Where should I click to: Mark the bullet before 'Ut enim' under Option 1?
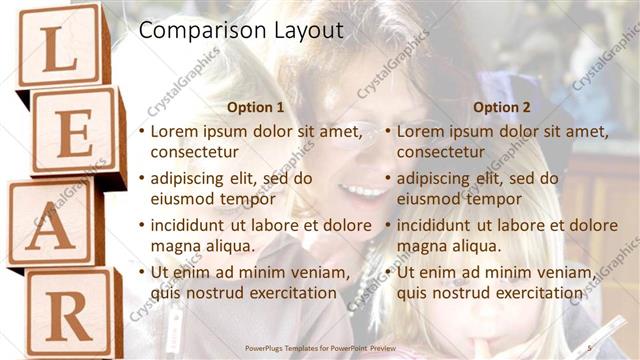point(142,272)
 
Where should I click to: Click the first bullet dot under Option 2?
point(388,131)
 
